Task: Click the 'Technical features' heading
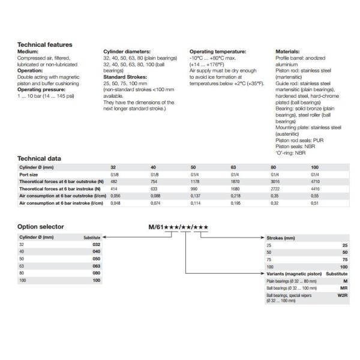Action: coord(45,44)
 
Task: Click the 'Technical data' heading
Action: coord(39,158)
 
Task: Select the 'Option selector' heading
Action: coord(41,226)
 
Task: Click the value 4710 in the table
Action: coord(316,181)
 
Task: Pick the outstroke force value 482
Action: coord(114,181)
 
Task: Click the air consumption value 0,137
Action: coord(196,196)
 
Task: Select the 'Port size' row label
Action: coord(29,173)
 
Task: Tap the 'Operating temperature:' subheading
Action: coord(217,52)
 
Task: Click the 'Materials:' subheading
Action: coord(287,52)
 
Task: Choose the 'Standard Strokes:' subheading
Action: coord(125,77)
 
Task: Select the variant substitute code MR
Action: coord(344,289)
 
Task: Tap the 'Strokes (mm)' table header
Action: coord(280,238)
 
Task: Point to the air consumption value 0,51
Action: coord(315,203)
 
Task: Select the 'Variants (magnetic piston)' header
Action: coord(293,273)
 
